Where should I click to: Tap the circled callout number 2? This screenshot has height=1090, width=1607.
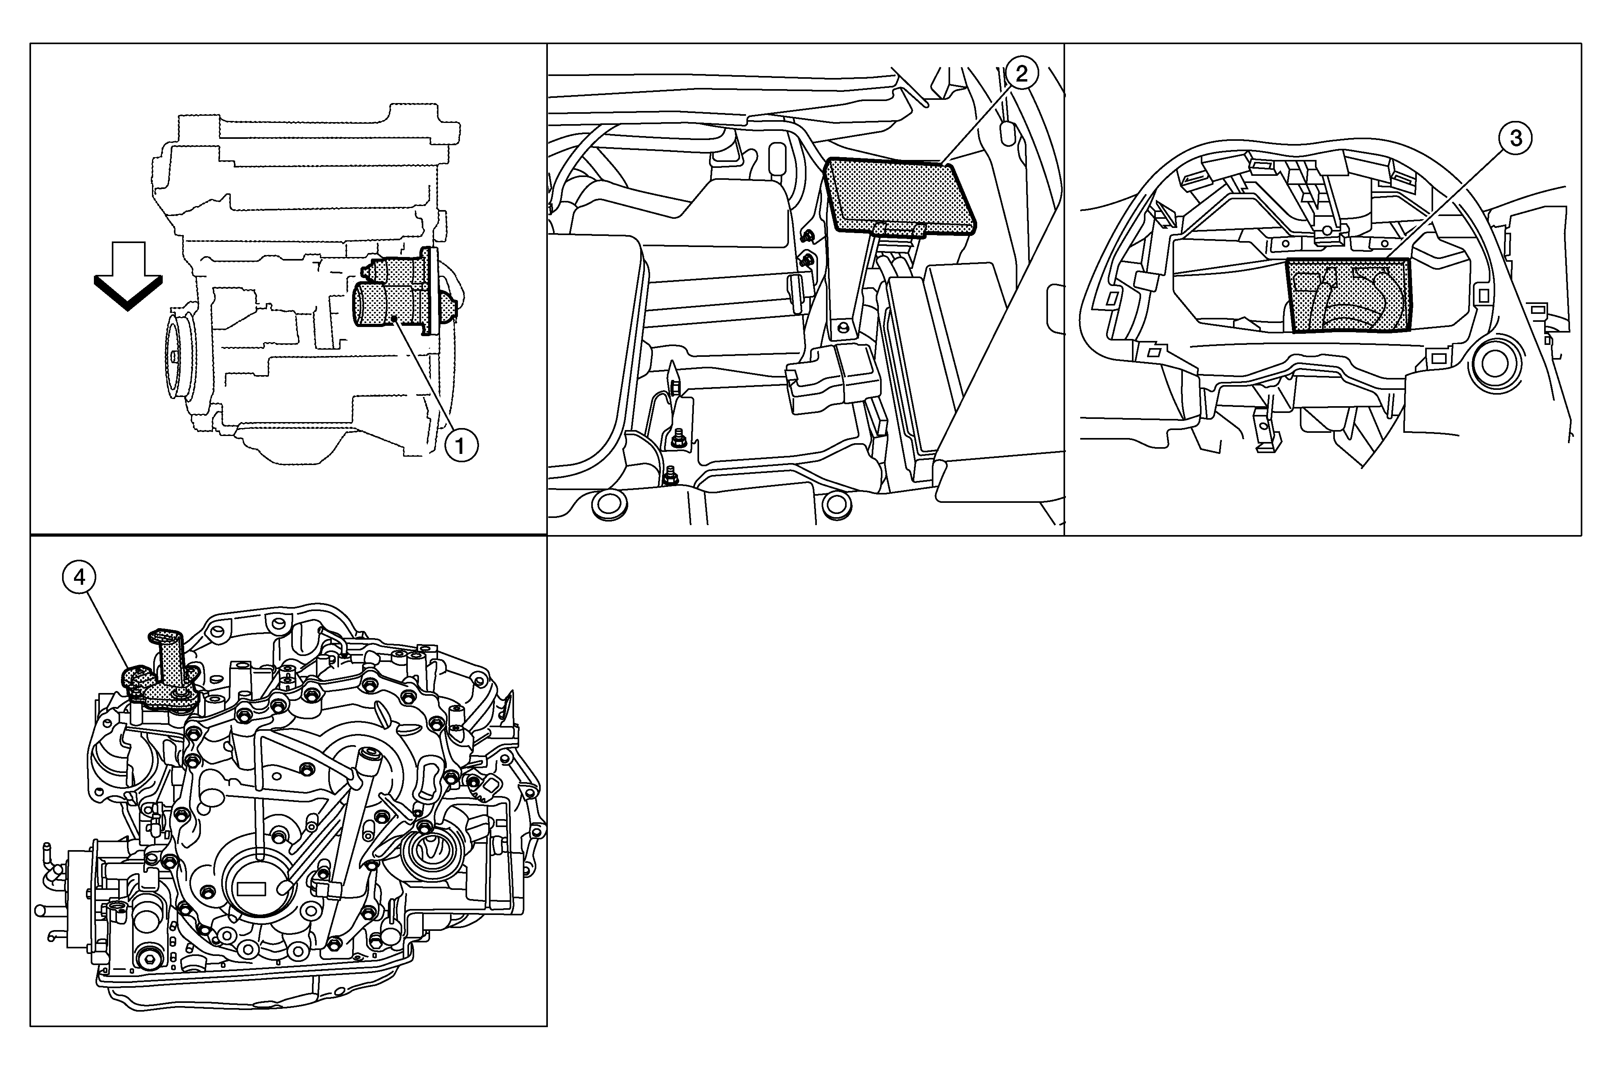click(x=1022, y=73)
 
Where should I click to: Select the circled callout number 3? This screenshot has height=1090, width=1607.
click(x=1515, y=138)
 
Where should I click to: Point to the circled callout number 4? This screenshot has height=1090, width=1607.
click(x=80, y=577)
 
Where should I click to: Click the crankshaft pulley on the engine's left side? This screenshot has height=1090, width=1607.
click(x=181, y=356)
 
